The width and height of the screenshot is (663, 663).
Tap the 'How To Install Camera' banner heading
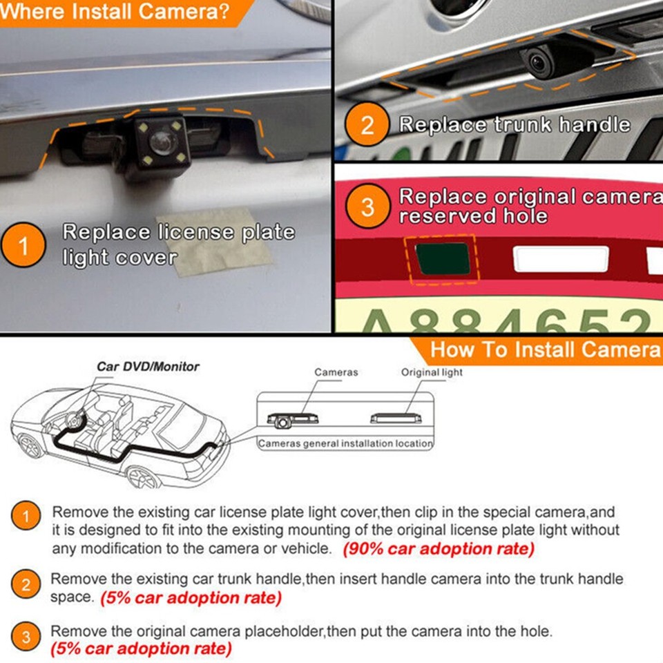click(545, 349)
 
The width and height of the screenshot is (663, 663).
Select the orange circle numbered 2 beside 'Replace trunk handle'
click(367, 125)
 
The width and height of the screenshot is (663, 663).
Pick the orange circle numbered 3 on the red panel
click(367, 206)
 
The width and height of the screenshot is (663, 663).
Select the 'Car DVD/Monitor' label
click(148, 367)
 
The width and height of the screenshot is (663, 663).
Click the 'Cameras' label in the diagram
click(336, 372)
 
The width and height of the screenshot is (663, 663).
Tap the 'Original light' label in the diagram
click(432, 372)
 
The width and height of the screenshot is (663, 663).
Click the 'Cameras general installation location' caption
click(345, 443)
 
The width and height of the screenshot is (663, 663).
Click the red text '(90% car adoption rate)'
click(439, 549)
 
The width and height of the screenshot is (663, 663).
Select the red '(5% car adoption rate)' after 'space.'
click(191, 598)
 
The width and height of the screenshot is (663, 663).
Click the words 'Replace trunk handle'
click(515, 125)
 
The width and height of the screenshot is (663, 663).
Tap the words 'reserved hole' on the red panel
click(472, 216)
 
